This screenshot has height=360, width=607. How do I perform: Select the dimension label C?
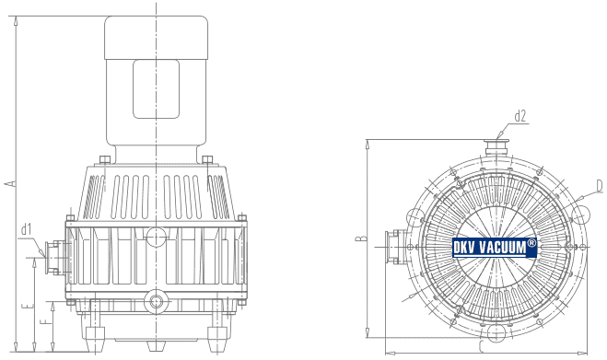pyautogui.click(x=481, y=347)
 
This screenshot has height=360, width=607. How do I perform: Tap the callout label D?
pyautogui.click(x=600, y=186)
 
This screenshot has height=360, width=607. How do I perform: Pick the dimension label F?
pyautogui.click(x=46, y=321)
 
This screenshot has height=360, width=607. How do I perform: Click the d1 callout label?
pyautogui.click(x=26, y=229)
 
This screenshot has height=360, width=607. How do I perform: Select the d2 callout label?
pyautogui.click(x=520, y=116)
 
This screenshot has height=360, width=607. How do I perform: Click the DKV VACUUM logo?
pyautogui.click(x=495, y=248)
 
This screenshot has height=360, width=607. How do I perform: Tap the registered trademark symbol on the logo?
pyautogui.click(x=531, y=243)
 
